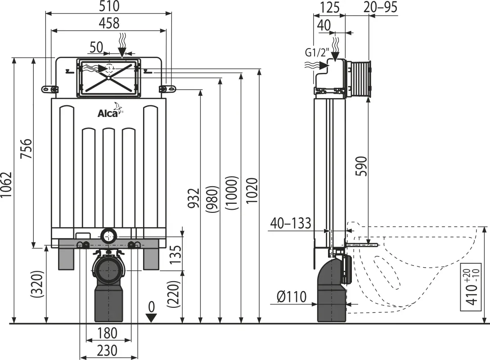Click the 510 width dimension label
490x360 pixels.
pos(109,6)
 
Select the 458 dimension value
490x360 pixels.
pos(109,23)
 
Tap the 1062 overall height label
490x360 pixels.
pos(6,184)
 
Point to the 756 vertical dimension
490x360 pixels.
pos(26,149)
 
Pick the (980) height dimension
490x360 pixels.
pos(211,200)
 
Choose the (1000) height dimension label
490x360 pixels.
pos(232,193)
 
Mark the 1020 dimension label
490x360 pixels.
pos(252,191)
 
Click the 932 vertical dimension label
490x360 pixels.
pos(193,198)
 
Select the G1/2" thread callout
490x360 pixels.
pos(317,53)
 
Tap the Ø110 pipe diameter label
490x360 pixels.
pos(292,297)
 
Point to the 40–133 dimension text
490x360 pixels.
pos(291,223)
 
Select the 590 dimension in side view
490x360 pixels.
pos(362,166)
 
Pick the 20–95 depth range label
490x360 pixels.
pos(380,7)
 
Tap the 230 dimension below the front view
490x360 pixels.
pos(107,350)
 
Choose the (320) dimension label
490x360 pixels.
pos(36,284)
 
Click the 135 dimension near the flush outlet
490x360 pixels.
pos(176,254)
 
